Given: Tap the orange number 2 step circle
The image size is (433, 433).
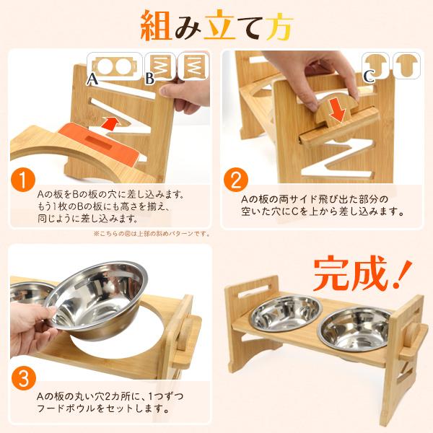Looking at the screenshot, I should coord(236,178).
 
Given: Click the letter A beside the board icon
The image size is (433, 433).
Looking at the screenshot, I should coord(92,79).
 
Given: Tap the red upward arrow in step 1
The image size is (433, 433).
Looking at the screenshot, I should coord(108,123).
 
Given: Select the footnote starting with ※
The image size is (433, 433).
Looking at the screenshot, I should coord(151,234).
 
